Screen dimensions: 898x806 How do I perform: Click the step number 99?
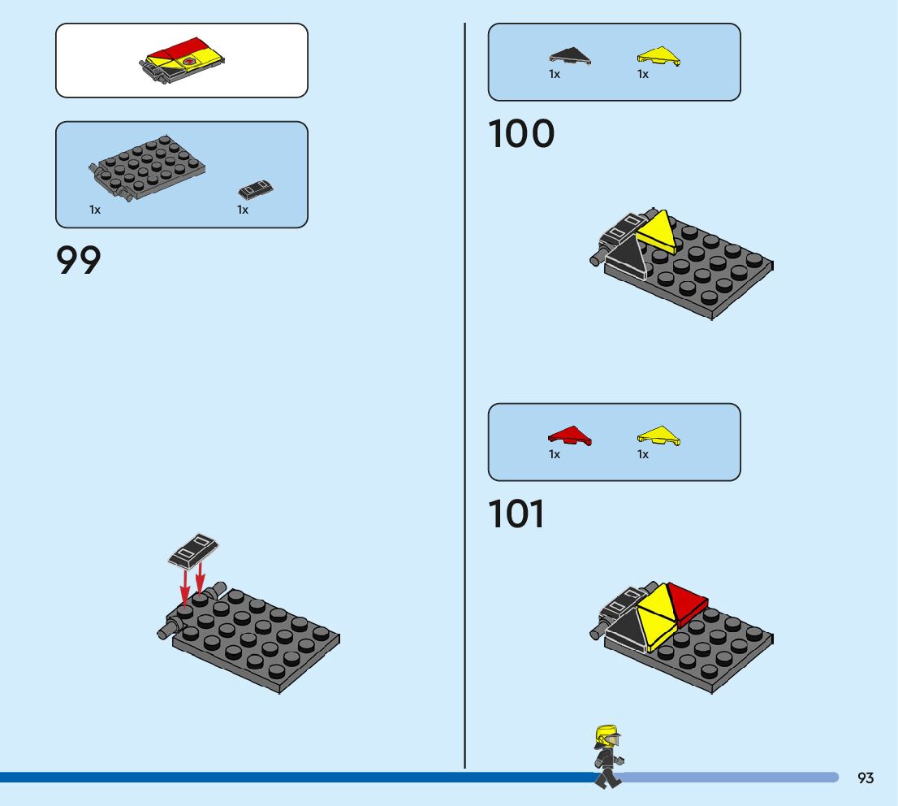click(x=79, y=261)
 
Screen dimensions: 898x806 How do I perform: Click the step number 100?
click(x=521, y=134)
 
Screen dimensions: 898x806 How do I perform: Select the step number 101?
click(x=517, y=514)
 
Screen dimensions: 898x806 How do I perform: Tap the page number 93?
click(x=866, y=778)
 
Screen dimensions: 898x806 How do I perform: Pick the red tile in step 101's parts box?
click(x=570, y=435)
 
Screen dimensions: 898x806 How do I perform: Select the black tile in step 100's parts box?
click(x=570, y=55)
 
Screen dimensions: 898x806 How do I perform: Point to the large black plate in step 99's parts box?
click(x=147, y=167)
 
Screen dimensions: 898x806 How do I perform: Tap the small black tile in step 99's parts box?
click(x=255, y=189)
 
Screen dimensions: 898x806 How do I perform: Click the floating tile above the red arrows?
click(x=193, y=550)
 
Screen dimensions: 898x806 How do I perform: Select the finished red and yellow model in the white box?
click(x=183, y=61)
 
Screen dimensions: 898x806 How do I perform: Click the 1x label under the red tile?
click(x=555, y=454)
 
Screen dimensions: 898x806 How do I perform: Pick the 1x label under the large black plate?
click(x=95, y=210)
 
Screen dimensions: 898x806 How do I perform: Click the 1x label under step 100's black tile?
click(x=555, y=74)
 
